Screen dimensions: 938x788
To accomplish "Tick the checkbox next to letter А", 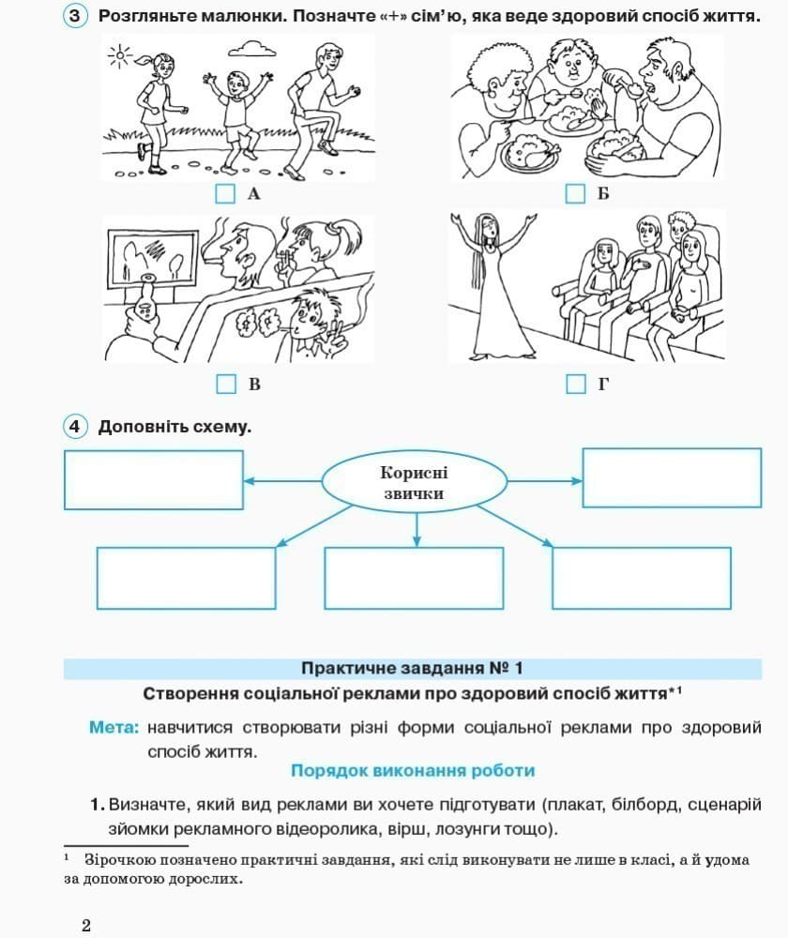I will [x=225, y=194].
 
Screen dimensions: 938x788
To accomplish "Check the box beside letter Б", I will [x=575, y=194].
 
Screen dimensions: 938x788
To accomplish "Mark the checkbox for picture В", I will [x=225, y=384].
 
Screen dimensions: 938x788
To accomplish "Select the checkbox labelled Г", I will [x=575, y=384].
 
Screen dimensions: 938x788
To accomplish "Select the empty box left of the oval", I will [x=154, y=479].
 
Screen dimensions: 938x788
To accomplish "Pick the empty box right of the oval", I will [x=672, y=477].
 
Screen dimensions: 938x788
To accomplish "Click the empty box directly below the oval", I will [x=414, y=577].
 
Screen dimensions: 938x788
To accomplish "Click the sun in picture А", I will [x=120, y=57].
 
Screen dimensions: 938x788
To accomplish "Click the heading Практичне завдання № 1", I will [x=412, y=669].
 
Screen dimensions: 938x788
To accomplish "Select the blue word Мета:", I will [x=114, y=728].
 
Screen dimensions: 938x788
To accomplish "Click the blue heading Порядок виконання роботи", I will [x=413, y=770].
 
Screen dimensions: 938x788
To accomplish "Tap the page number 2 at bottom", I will [x=86, y=925].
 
